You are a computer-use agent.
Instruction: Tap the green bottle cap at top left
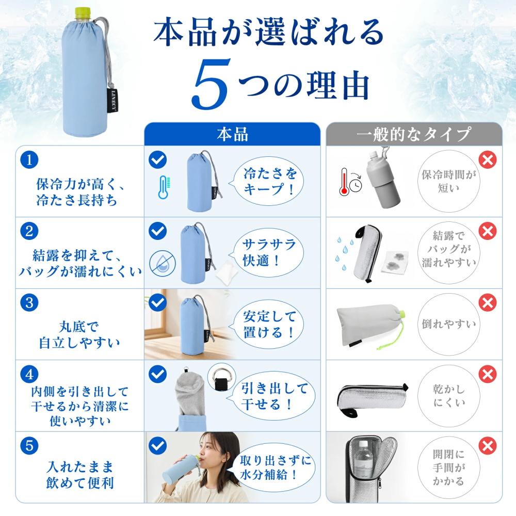pyautogui.click(x=83, y=13)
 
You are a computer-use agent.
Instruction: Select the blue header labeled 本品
pyautogui.click(x=232, y=134)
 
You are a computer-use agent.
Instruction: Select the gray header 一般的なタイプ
pyautogui.click(x=414, y=134)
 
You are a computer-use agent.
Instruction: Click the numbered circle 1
pyautogui.click(x=29, y=159)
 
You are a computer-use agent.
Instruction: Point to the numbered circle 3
pyautogui.click(x=29, y=302)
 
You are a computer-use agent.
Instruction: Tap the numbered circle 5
pyautogui.click(x=29, y=446)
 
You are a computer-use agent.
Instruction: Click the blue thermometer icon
pyautogui.click(x=164, y=187)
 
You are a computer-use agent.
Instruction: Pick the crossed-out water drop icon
pyautogui.click(x=163, y=263)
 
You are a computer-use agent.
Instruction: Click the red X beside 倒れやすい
pyautogui.click(x=488, y=302)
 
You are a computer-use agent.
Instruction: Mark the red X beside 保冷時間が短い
pyautogui.click(x=488, y=159)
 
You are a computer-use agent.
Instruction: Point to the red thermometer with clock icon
pyautogui.click(x=350, y=182)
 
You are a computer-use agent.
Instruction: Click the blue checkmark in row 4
pyautogui.click(x=157, y=374)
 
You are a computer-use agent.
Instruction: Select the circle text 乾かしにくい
pyautogui.click(x=449, y=396)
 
